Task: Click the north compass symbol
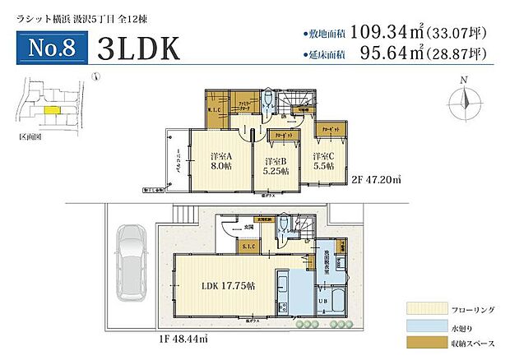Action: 464,103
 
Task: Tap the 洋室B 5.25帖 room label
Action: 276,167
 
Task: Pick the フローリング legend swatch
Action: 421,308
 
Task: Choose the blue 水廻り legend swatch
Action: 421,326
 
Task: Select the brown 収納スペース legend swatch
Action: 421,344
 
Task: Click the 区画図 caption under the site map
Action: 30,137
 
